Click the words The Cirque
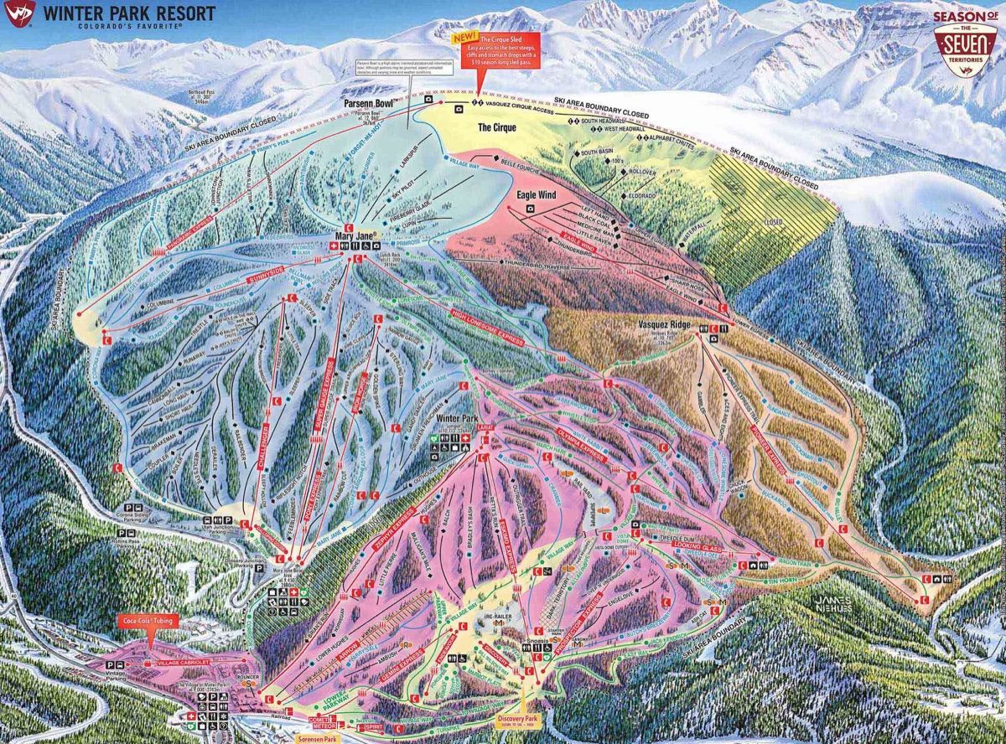495,127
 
